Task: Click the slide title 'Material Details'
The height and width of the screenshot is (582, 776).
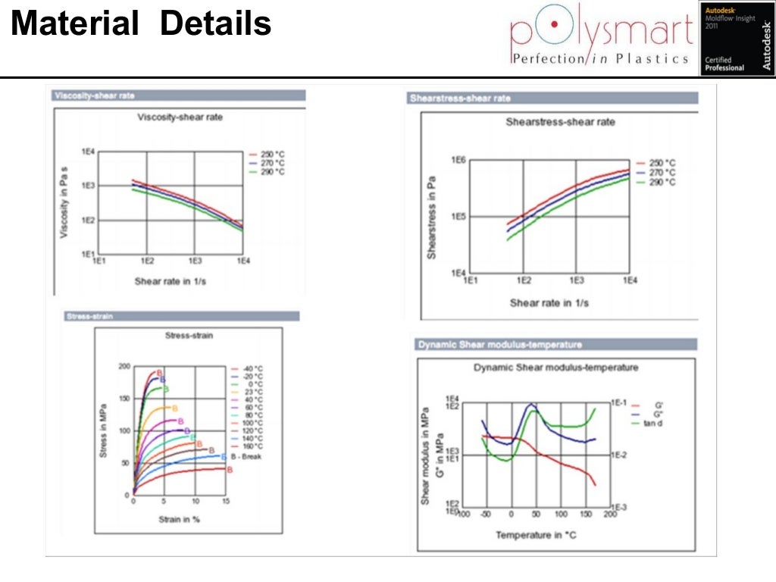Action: pos(142,24)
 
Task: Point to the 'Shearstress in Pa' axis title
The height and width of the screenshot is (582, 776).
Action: pos(432,218)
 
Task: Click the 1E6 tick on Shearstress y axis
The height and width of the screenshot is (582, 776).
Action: pos(457,161)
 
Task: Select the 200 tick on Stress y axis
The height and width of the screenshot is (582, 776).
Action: pos(124,367)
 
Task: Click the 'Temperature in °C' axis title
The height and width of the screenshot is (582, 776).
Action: pos(534,535)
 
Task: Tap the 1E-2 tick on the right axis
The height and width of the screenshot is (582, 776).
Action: pos(620,455)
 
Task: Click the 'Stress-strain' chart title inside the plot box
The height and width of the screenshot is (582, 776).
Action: pos(187,335)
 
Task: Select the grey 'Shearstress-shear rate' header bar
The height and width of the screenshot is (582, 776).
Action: pos(552,99)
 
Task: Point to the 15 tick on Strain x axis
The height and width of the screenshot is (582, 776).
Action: pos(224,502)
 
